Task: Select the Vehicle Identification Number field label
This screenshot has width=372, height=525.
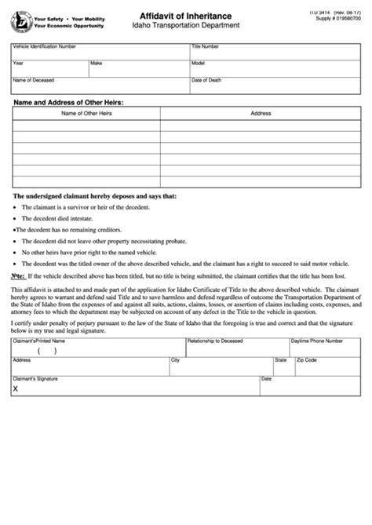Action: click(45, 47)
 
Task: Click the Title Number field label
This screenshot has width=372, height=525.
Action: click(206, 47)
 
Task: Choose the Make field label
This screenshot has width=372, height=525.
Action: click(97, 63)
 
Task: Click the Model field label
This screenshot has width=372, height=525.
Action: click(199, 63)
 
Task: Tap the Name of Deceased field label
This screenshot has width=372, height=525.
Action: click(33, 80)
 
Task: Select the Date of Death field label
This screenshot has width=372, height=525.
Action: click(206, 80)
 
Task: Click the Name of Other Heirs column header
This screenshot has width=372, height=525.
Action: click(86, 114)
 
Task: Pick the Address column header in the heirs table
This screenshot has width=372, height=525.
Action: click(261, 114)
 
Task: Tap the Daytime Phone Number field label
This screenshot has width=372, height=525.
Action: click(317, 341)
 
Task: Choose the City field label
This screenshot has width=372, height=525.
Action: click(175, 360)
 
